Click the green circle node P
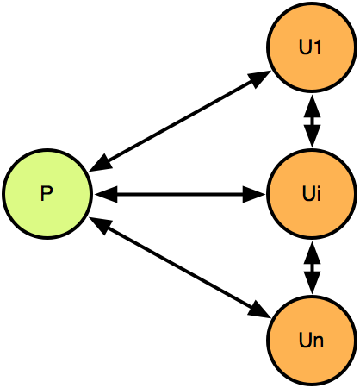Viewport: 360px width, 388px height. click(x=47, y=194)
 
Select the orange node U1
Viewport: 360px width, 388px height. click(x=312, y=47)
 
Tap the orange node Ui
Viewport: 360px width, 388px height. click(x=312, y=194)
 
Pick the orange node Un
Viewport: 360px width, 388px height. click(x=312, y=341)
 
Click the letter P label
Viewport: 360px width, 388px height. click(x=47, y=194)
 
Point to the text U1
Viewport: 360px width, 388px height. click(x=310, y=47)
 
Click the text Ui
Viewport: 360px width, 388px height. click(x=312, y=193)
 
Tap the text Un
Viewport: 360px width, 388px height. click(x=311, y=341)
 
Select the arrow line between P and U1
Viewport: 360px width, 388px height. click(x=180, y=121)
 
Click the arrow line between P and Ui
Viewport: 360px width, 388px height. click(x=180, y=194)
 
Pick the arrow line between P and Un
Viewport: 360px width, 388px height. click(x=180, y=268)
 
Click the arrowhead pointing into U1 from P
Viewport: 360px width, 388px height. click(x=260, y=78)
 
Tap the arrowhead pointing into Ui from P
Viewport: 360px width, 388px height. click(x=254, y=194)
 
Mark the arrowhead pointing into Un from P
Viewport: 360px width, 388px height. click(x=260, y=310)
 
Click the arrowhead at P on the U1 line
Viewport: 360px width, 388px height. click(x=101, y=165)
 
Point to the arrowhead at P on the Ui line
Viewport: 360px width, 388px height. click(x=106, y=194)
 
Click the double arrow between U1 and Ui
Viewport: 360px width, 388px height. click(x=312, y=121)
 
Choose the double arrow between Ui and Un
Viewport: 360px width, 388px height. click(x=312, y=268)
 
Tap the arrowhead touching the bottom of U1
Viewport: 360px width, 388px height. click(x=312, y=106)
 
